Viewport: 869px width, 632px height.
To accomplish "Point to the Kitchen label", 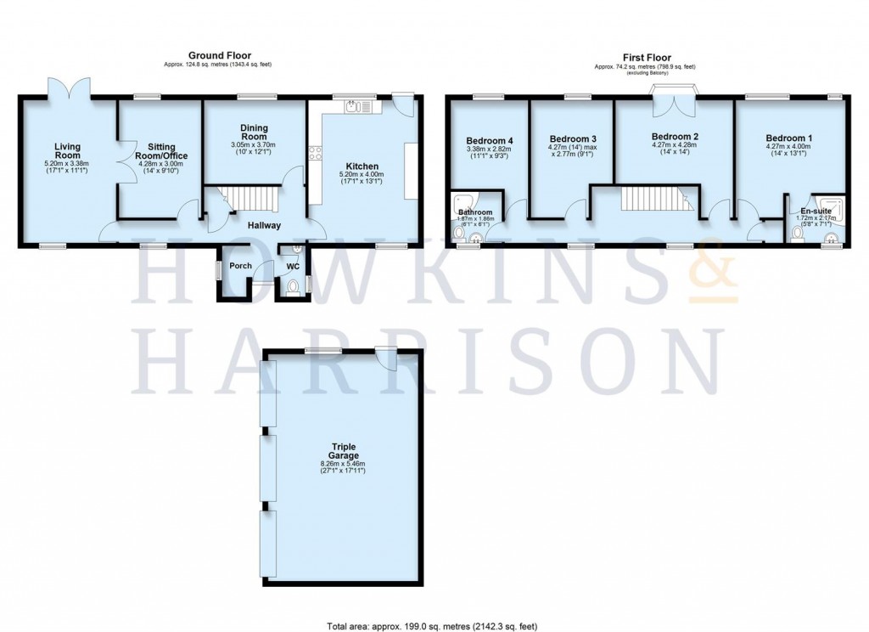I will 362,166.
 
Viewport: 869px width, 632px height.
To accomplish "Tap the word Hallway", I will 264,225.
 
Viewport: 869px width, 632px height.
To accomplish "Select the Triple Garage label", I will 344,451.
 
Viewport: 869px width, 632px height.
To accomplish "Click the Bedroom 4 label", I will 489,141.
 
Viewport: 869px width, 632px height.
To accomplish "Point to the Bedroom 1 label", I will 788,138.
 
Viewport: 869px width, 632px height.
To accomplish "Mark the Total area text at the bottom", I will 433,627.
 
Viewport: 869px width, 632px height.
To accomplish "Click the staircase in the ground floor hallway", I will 250,201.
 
